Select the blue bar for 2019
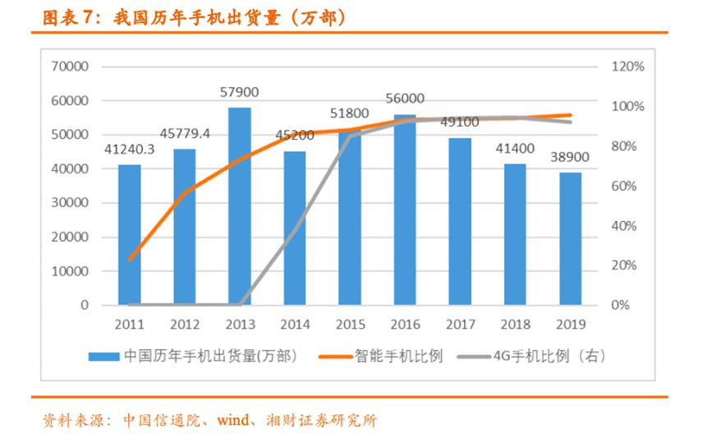570,238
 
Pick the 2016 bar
405,210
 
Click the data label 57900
239,93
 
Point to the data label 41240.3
129,150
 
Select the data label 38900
570,157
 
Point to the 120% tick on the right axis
628,67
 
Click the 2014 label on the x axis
295,325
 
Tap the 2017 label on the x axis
460,325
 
